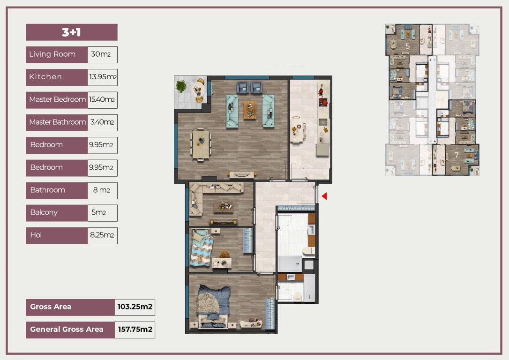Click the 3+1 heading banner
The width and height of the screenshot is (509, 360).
72,32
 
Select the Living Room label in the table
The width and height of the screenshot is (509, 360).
52,54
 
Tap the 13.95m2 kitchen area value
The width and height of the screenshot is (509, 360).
103,77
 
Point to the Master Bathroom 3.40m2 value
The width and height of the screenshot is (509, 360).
103,122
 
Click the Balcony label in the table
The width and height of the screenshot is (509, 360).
44,212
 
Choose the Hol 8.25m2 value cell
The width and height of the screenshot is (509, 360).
103,235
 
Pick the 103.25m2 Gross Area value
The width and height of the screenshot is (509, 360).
135,307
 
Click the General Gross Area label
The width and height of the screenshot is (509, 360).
67,330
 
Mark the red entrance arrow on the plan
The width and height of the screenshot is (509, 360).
324,196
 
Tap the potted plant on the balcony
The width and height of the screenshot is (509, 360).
181,86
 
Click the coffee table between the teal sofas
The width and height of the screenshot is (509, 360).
250,110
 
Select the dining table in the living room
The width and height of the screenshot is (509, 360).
201,144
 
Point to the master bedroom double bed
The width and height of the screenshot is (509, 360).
213,306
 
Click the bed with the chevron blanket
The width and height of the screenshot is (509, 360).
201,247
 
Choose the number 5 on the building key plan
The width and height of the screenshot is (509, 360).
408,46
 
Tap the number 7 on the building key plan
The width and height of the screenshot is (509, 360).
457,155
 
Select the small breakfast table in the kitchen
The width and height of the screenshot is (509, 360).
296,129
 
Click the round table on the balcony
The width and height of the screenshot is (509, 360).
198,89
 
